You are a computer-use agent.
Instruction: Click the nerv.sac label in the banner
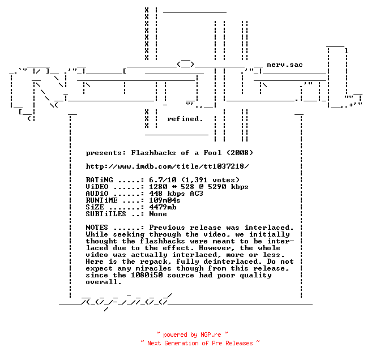tap(285, 65)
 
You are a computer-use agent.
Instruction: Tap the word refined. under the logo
tap(185, 119)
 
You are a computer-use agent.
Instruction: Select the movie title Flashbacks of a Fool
tap(176, 153)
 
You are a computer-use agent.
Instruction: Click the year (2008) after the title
tap(240, 153)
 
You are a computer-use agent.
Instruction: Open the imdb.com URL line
tap(167, 166)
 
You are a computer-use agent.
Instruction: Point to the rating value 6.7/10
tap(163, 180)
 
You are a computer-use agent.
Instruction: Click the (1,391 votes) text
tap(211, 180)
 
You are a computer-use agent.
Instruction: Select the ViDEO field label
tap(97, 187)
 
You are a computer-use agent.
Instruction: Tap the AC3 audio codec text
tap(197, 194)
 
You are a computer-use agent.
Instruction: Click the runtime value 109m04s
tap(165, 200)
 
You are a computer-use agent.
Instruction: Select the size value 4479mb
tap(163, 207)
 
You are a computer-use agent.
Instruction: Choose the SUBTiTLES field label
tap(106, 214)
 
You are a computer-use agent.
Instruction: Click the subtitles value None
tap(158, 214)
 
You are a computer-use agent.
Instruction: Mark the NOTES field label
tap(97, 228)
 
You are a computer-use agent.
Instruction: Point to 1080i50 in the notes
tap(147, 275)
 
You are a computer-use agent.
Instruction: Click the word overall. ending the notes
tap(104, 282)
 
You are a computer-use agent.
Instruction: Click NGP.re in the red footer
tap(211, 335)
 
